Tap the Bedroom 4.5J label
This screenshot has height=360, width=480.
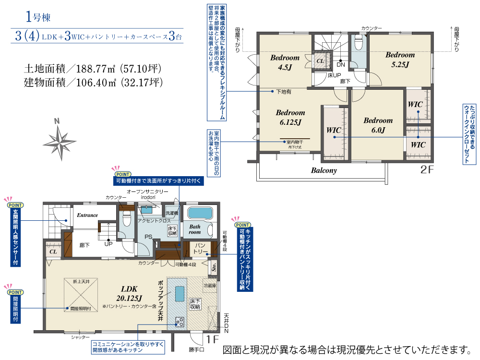coord(285,62)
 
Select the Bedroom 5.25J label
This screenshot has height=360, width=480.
coord(400,60)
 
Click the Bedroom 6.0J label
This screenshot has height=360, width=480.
coord(378,125)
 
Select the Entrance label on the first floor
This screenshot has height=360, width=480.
coord(87,216)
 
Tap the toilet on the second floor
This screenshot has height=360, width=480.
coord(358,44)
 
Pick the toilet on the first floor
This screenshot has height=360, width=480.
coord(126,220)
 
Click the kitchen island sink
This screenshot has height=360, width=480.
coord(180,292)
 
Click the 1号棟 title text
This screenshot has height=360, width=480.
coord(37,18)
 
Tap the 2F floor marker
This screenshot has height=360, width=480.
coord(427,169)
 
